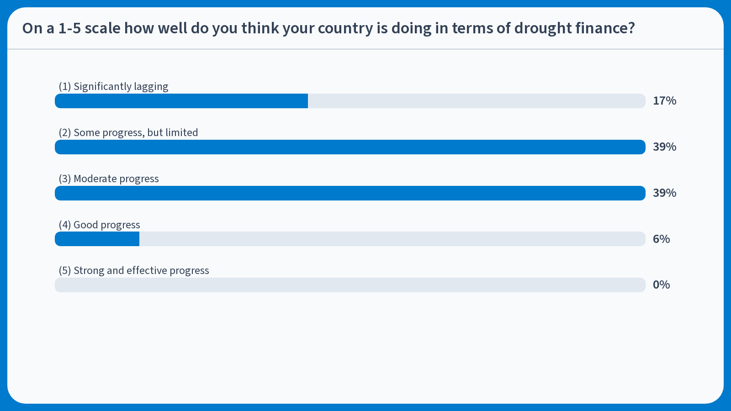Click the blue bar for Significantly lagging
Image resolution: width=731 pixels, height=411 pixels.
(x=181, y=101)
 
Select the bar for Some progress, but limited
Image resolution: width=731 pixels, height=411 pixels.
(x=350, y=147)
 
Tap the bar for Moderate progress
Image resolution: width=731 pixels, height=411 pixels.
(x=350, y=193)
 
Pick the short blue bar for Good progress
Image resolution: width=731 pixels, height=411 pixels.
(x=97, y=239)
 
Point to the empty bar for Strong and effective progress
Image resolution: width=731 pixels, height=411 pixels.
(x=350, y=285)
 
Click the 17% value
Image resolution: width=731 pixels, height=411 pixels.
(x=664, y=101)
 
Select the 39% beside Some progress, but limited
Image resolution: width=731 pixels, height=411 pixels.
(x=664, y=147)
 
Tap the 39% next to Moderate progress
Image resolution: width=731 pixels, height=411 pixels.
(x=664, y=193)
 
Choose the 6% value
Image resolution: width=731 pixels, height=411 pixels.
(x=661, y=239)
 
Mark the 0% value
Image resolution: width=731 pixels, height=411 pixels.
(x=661, y=285)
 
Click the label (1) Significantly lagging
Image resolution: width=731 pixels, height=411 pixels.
(x=113, y=86)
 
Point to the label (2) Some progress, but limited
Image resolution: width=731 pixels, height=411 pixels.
(x=128, y=132)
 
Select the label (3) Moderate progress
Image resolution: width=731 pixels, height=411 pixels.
(x=109, y=179)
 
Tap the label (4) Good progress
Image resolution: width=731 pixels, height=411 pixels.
(x=99, y=225)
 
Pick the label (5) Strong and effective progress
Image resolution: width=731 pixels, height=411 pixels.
(x=134, y=270)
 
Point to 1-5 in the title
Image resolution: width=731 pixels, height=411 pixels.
(x=69, y=28)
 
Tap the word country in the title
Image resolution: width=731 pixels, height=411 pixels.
(x=345, y=28)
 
